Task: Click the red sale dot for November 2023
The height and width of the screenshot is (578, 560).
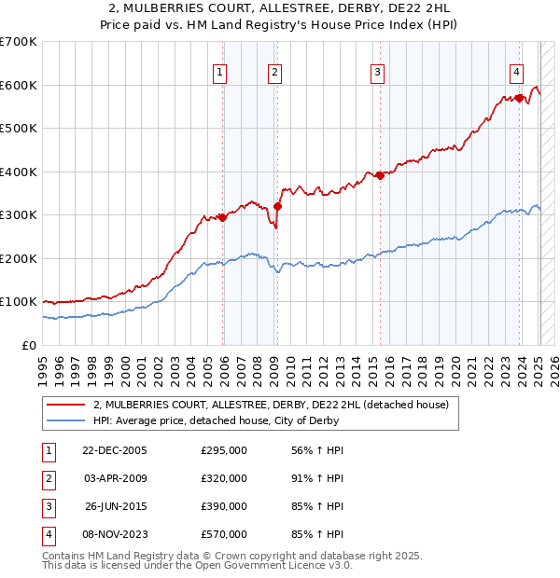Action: [x=519, y=97]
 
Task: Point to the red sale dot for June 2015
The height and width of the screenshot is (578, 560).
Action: [x=380, y=175]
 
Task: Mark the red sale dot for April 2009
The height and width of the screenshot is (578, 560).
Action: [x=277, y=206]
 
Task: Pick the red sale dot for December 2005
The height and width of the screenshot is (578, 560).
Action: [x=223, y=217]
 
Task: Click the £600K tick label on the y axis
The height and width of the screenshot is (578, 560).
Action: [x=18, y=85]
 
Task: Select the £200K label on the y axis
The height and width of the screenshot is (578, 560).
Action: [x=18, y=258]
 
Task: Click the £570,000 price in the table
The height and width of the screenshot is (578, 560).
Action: [x=224, y=535]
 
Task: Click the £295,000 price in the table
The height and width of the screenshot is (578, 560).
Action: [x=224, y=450]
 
